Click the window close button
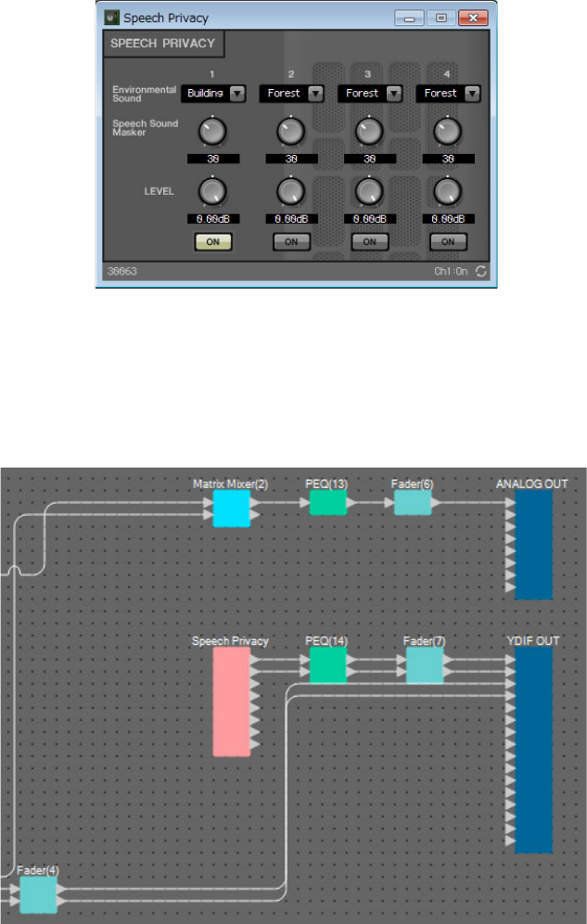473,18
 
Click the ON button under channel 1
212,241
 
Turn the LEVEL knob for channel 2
290,191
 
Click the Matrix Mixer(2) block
231,508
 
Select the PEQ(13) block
327,503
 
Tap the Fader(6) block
412,503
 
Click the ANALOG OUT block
533,544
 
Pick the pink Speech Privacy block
231,700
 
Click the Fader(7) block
424,664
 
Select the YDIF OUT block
533,750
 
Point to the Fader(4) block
38,894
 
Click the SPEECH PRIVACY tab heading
163,44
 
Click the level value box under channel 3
369,219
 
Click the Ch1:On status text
453,272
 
